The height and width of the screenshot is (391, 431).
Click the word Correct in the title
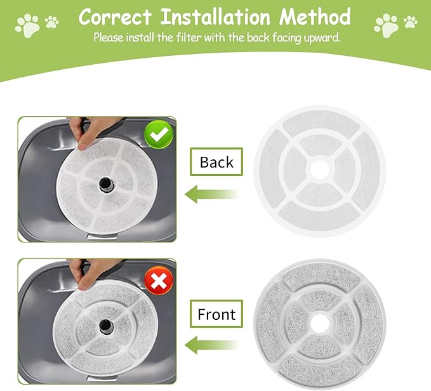[115, 17]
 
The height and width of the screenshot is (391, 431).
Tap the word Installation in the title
[215, 17]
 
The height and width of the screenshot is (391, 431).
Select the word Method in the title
[315, 17]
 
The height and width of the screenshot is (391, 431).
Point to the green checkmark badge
[159, 135]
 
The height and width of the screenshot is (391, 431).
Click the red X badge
[159, 281]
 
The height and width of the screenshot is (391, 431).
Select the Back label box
[216, 162]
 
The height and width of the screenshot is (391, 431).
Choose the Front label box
[216, 314]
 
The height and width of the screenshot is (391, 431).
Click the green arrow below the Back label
[211, 194]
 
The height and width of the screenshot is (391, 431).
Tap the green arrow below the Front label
[211, 345]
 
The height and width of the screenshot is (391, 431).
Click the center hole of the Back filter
[320, 169]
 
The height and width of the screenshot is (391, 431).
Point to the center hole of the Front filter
[320, 323]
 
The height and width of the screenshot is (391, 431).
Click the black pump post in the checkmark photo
[106, 183]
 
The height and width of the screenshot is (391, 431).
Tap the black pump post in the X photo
[106, 326]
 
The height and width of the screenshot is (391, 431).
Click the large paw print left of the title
[27, 26]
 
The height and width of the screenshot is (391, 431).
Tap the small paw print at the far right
[411, 22]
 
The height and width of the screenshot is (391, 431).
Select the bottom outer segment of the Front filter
[319, 371]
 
